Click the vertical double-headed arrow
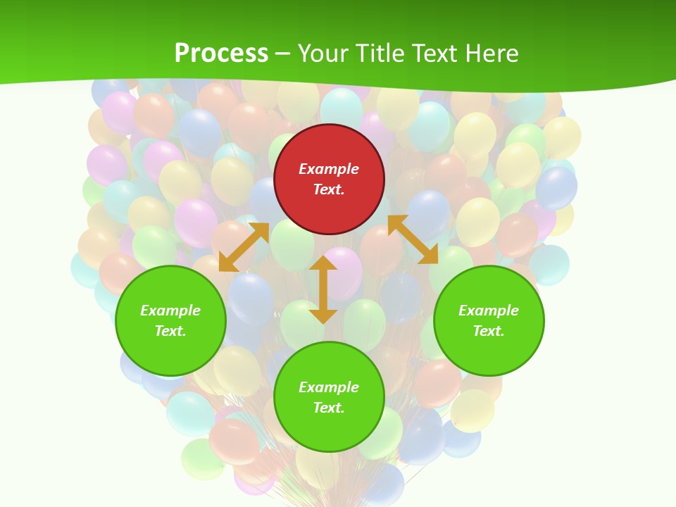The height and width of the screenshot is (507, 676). click(x=323, y=289)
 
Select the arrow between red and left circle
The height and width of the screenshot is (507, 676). click(x=244, y=246)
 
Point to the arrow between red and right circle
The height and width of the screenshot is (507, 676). click(x=413, y=239)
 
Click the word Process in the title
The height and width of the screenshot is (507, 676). click(x=221, y=53)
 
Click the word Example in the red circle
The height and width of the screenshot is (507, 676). click(x=329, y=169)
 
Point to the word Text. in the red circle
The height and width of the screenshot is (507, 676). click(x=329, y=189)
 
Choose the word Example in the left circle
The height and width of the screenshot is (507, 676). click(x=170, y=311)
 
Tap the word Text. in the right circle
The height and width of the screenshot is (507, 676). click(x=489, y=331)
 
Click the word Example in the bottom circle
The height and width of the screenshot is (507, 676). click(x=329, y=387)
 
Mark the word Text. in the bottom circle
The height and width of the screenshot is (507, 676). click(x=329, y=408)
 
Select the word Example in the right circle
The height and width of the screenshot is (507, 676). click(x=489, y=311)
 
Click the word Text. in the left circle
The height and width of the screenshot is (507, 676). click(x=170, y=331)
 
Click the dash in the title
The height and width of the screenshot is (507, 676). click(x=282, y=54)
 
